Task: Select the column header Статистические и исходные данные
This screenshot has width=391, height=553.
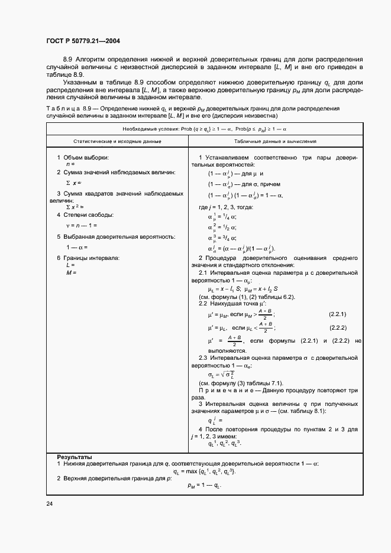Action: tap(109, 142)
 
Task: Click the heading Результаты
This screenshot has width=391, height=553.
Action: tap(74, 457)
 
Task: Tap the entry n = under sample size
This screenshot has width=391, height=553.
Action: tap(70, 164)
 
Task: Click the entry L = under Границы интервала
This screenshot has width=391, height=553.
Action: tap(70, 265)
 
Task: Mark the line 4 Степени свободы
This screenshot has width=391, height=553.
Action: tap(85, 214)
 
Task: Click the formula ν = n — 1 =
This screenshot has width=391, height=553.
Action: tap(82, 226)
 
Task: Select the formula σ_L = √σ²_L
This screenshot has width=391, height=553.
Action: tap(222, 375)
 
